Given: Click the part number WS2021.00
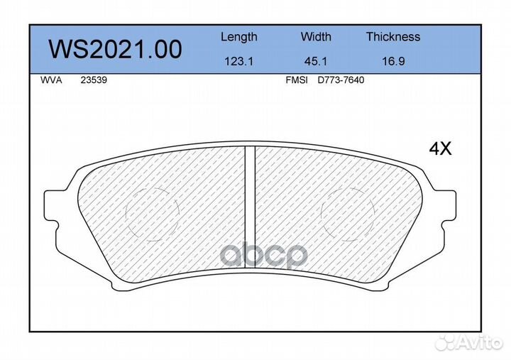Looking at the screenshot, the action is coord(115,50).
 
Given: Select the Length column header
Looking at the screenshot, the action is coord(239,37).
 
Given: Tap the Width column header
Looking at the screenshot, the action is coord(316,36).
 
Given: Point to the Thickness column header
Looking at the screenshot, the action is coord(393,36).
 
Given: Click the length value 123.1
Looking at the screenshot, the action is coord(239,61).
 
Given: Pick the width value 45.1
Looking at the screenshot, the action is coord(316,61).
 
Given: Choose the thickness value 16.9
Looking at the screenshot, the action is coord(393,61).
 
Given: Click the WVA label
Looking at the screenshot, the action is coord(51,80).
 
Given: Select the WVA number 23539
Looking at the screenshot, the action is coord(94,80).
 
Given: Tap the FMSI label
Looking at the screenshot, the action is coord(297,80).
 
